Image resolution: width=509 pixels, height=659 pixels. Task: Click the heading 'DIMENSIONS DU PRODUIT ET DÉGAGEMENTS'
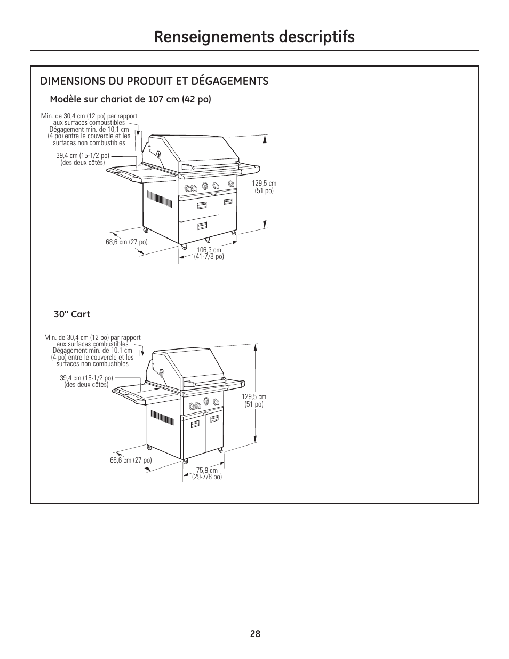[x=154, y=81]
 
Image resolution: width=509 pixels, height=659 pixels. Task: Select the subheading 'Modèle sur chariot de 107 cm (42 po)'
[x=130, y=99]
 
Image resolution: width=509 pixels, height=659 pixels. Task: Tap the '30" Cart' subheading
[x=72, y=314]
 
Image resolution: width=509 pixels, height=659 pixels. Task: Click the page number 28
[x=254, y=634]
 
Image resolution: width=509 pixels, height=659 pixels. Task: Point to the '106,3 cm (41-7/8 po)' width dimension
[x=209, y=253]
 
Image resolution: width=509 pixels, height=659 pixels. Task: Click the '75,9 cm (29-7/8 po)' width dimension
[x=207, y=473]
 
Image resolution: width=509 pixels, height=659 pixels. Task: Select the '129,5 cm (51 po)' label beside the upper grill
[x=264, y=187]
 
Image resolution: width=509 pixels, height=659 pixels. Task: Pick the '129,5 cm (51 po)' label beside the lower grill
[x=254, y=400]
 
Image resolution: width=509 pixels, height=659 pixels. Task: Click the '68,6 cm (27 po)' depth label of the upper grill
[x=126, y=242]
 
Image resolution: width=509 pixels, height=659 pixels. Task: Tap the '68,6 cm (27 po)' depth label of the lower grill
[x=131, y=460]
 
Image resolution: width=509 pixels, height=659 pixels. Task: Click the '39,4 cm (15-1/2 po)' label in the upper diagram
[x=83, y=158]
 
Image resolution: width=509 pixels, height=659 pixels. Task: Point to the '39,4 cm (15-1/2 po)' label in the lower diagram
[x=86, y=381]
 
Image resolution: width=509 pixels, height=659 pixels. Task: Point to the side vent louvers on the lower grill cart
[x=162, y=418]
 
